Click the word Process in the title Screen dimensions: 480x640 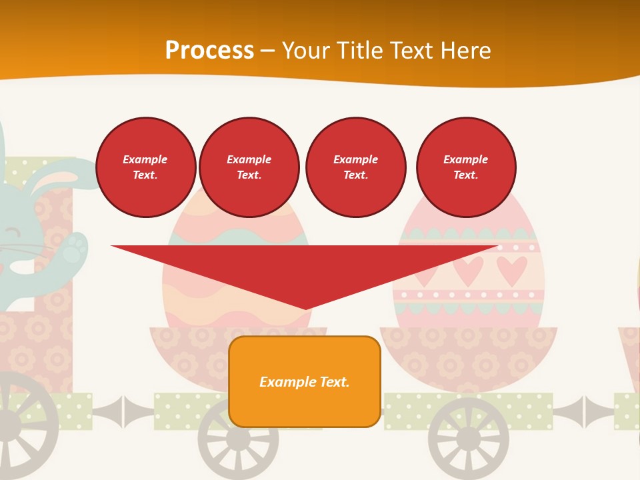tap(209, 51)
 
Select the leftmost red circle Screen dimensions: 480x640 tap(145, 167)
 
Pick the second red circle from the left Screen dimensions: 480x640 tap(249, 167)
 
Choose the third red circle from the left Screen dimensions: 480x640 tap(356, 167)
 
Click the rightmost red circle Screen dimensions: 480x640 tap(466, 167)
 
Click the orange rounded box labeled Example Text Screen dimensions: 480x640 tap(305, 381)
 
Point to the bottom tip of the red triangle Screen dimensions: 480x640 tap(305, 309)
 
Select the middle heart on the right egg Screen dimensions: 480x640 tap(468, 270)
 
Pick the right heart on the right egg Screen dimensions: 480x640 tap(511, 270)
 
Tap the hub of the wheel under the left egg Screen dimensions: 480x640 tap(237, 439)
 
